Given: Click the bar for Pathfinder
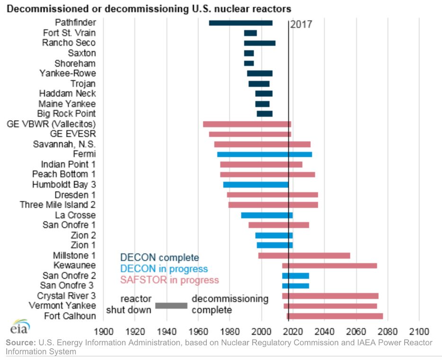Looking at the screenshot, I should pos(240,23).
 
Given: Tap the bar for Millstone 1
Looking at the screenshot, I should pos(304,256).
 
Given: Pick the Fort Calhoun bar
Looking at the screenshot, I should pos(335,316).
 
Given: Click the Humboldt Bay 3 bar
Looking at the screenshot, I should pos(256,185).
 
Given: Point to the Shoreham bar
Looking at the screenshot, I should pos(248,63).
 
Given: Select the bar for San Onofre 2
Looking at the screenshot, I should pos(295,276).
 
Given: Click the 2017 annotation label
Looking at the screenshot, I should pos(301,25).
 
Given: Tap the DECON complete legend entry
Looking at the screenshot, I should pos(159,258).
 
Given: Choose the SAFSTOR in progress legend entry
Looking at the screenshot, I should pos(169,280).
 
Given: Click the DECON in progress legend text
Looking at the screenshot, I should pos(164,269).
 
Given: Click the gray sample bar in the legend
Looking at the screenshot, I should pos(171,306).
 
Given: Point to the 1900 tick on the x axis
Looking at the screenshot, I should pos(104,331).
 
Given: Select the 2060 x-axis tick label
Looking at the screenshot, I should pos(356,331).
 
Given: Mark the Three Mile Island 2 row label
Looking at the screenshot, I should pos(58,205).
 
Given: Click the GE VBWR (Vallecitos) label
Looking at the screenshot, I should pos(51,124).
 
